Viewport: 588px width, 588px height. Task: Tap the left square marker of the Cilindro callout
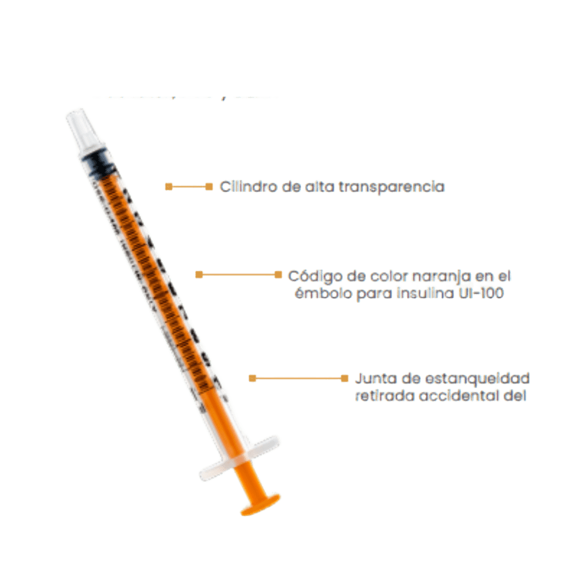(x=168, y=186)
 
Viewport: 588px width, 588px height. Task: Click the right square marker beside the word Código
(x=278, y=275)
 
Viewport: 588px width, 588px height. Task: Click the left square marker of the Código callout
(x=199, y=275)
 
